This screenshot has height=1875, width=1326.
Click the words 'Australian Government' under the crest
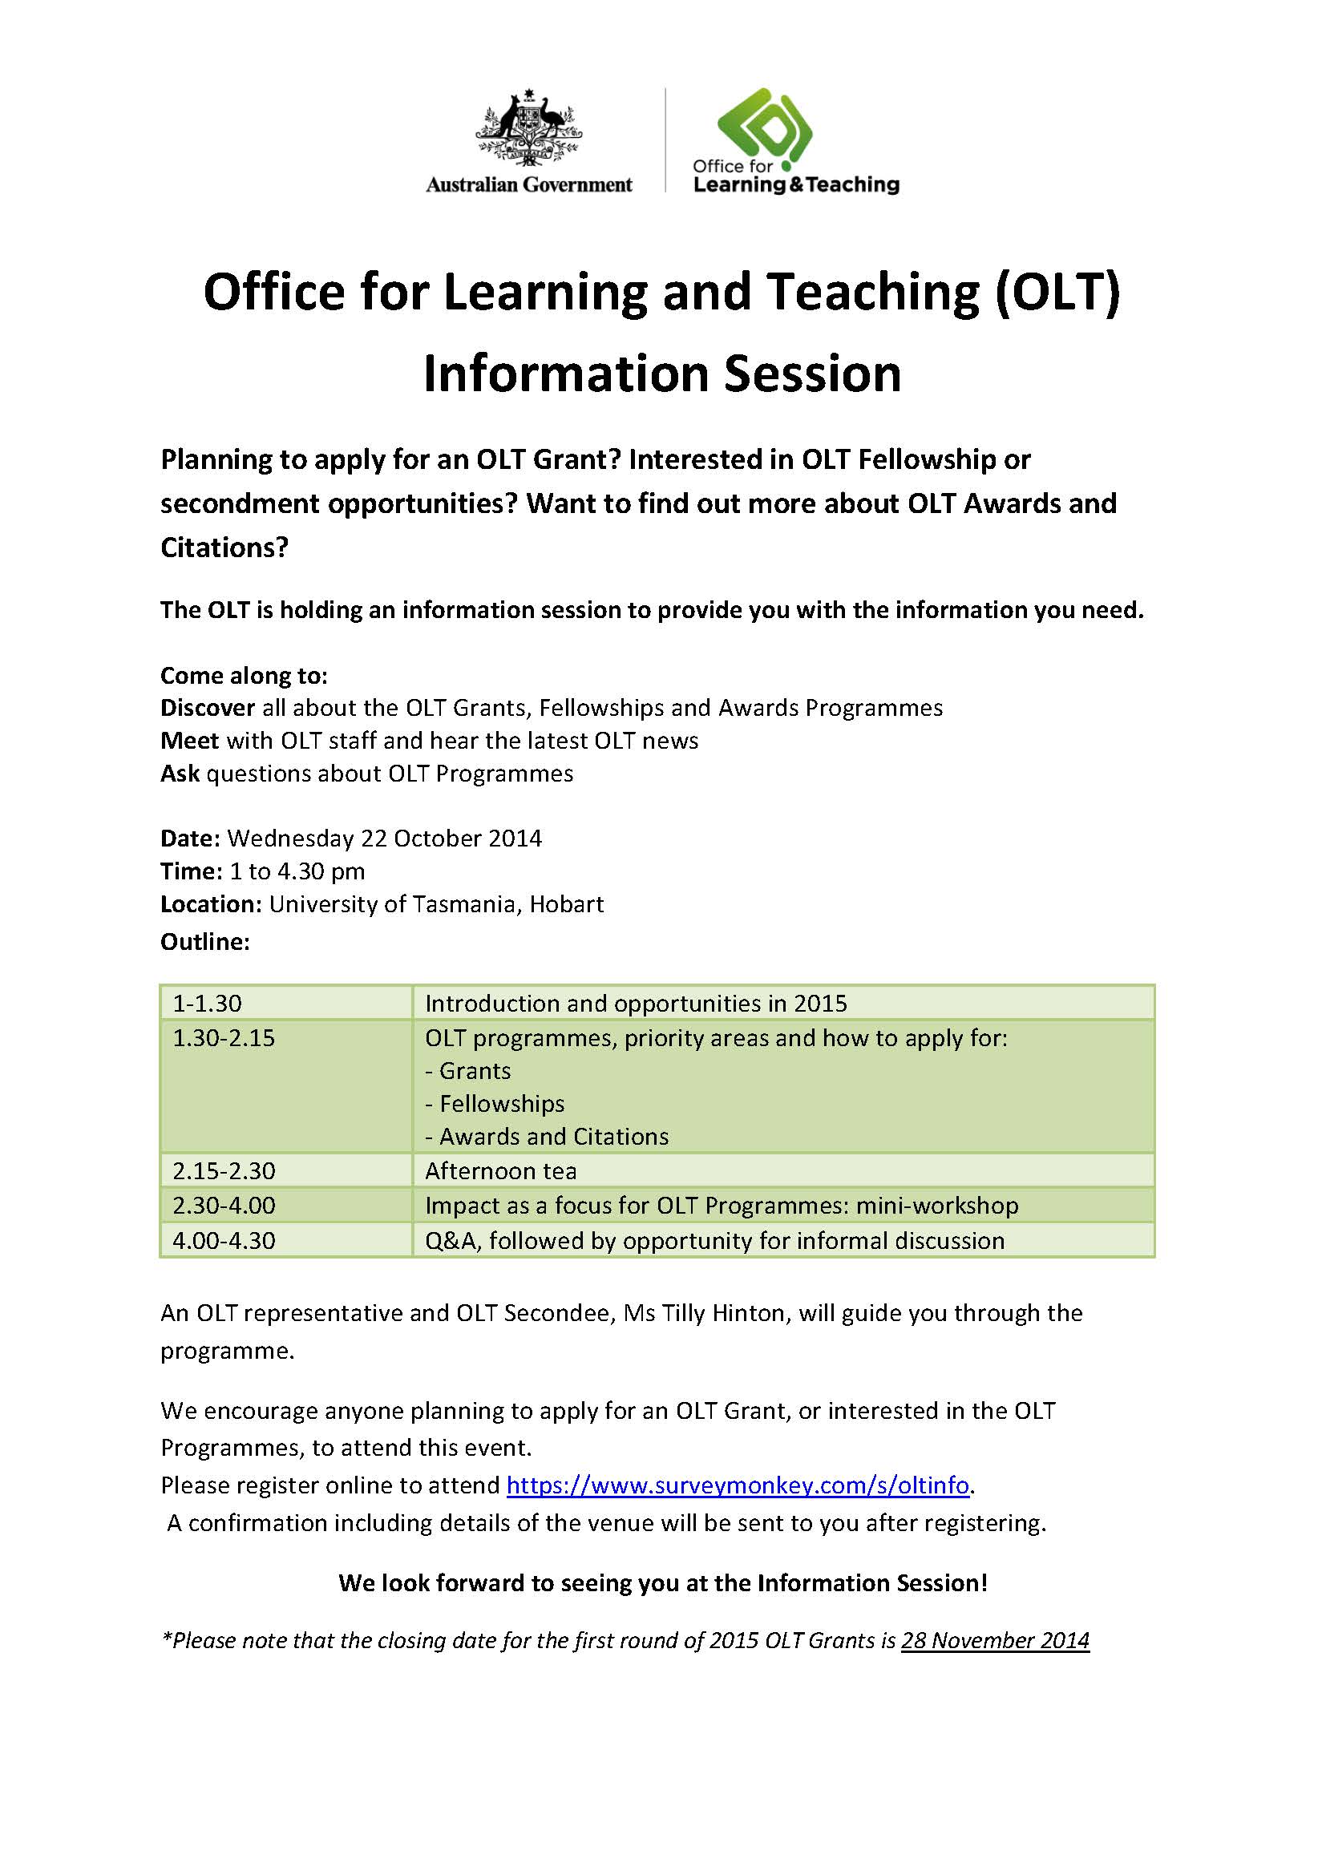pyautogui.click(x=528, y=185)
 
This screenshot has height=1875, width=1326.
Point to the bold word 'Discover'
pyautogui.click(x=208, y=707)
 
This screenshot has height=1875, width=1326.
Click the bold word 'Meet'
pyautogui.click(x=189, y=741)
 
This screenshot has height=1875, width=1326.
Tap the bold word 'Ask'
pyautogui.click(x=180, y=774)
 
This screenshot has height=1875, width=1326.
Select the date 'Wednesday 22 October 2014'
pyautogui.click(x=385, y=838)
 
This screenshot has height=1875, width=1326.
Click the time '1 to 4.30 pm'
pyautogui.click(x=297, y=871)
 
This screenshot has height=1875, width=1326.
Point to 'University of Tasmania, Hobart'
pyautogui.click(x=437, y=904)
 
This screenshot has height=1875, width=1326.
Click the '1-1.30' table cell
pyautogui.click(x=208, y=1003)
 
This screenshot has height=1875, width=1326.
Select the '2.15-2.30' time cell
pyautogui.click(x=224, y=1170)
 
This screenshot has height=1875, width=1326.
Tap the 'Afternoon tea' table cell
pyautogui.click(x=500, y=1170)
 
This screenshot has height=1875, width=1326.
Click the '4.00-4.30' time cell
pyautogui.click(x=224, y=1240)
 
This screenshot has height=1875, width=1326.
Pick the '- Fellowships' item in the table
pyautogui.click(x=495, y=1103)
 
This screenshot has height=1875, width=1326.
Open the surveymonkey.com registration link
pyautogui.click(x=738, y=1485)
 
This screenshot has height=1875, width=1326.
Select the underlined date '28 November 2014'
pyautogui.click(x=994, y=1640)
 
